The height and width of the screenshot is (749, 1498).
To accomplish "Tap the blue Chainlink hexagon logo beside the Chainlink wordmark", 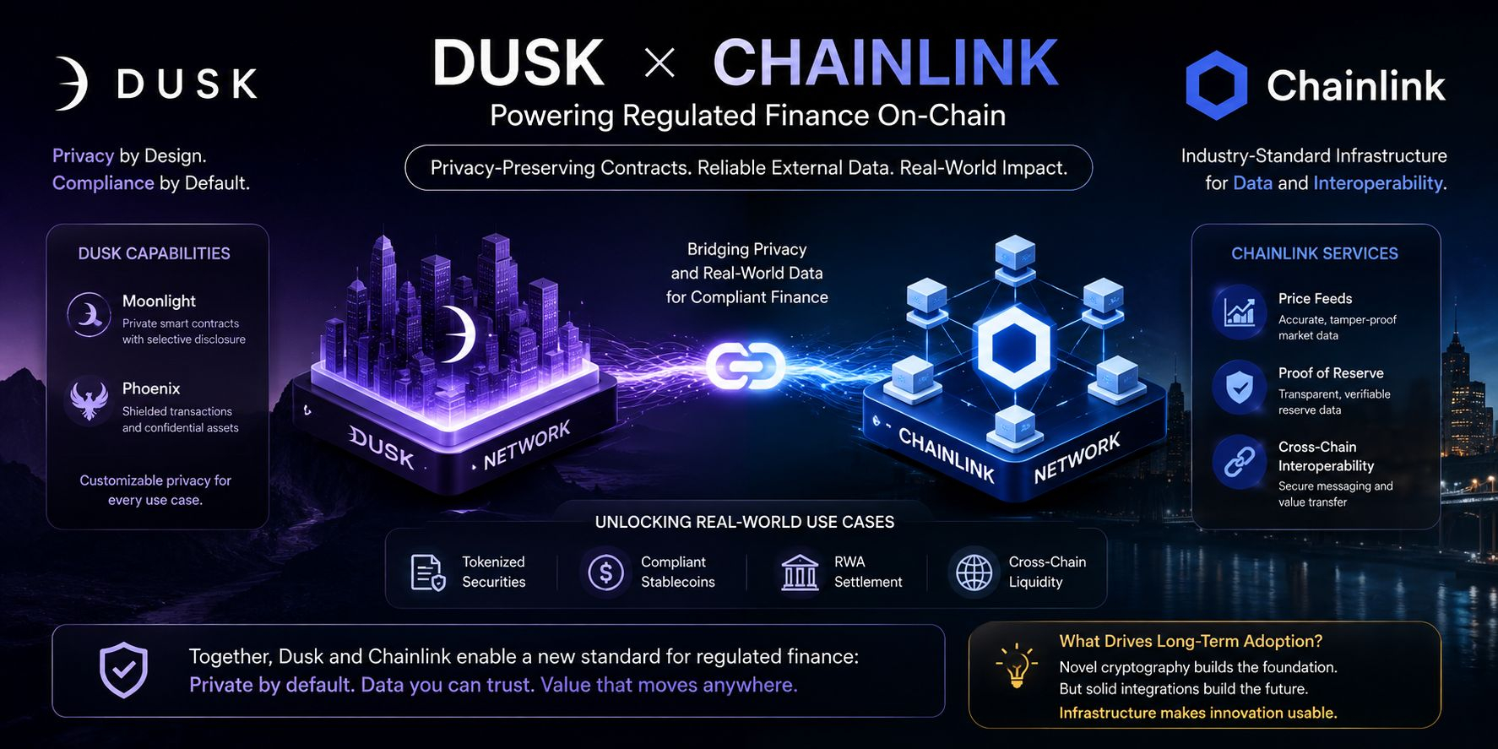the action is pyautogui.click(x=1216, y=85).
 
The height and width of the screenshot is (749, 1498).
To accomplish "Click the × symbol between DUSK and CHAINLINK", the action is pyautogui.click(x=659, y=62).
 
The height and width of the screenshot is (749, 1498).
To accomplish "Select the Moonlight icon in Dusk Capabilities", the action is pyautogui.click(x=89, y=315).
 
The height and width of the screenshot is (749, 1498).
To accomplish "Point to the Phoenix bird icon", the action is pyautogui.click(x=90, y=400).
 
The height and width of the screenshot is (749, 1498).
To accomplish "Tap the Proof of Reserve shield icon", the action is pyautogui.click(x=1239, y=388).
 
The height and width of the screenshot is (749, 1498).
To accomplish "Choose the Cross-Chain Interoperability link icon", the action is pyautogui.click(x=1239, y=462).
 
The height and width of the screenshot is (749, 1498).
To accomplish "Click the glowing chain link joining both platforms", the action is pyautogui.click(x=746, y=366).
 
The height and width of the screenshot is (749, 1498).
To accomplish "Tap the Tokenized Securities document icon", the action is pyautogui.click(x=428, y=573).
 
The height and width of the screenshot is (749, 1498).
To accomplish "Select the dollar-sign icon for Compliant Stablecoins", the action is pyautogui.click(x=605, y=573).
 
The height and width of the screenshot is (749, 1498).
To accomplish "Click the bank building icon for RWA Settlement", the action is pyautogui.click(x=800, y=573).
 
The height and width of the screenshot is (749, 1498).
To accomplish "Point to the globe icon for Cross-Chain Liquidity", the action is pyautogui.click(x=974, y=573).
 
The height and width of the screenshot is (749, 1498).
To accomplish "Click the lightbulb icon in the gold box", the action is pyautogui.click(x=1017, y=667).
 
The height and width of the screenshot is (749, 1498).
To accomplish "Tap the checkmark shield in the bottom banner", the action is pyautogui.click(x=124, y=670).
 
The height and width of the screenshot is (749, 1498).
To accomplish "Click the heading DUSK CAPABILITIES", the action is pyautogui.click(x=154, y=253).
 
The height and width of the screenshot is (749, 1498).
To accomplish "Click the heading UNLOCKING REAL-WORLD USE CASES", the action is pyautogui.click(x=745, y=522).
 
